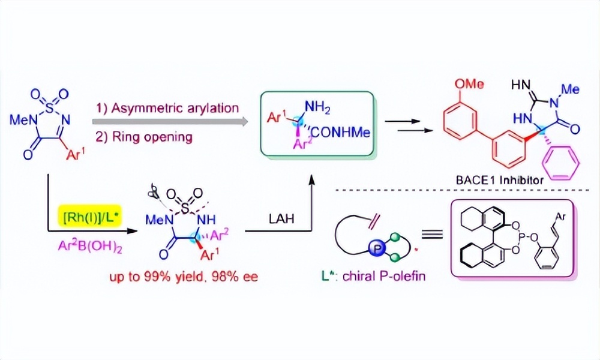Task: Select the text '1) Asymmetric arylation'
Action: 167,108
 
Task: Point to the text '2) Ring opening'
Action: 144,137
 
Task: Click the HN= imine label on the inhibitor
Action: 523,88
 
